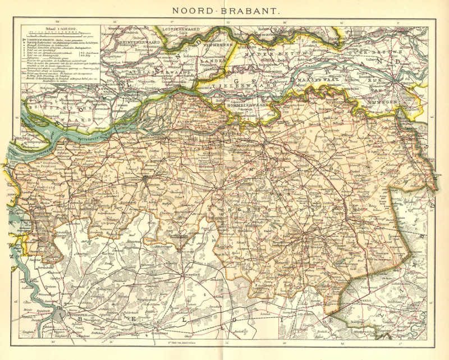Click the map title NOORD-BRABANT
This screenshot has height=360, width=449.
[224, 10]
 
